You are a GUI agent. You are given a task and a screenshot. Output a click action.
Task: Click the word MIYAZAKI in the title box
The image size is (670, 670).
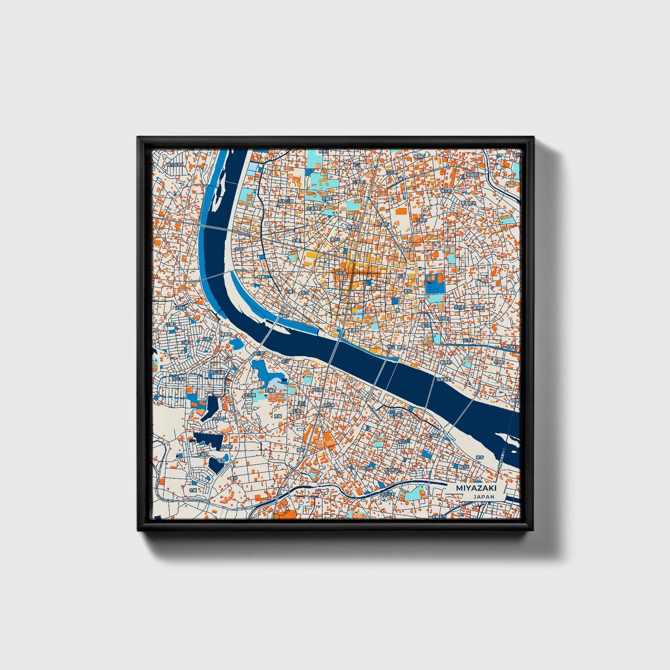click(476, 488)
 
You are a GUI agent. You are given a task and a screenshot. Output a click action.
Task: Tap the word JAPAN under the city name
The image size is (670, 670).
click(484, 497)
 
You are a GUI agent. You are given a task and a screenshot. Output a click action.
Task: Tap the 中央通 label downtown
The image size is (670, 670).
click(341, 273)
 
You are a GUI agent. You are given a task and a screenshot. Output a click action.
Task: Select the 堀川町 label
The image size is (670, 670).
click(426, 326)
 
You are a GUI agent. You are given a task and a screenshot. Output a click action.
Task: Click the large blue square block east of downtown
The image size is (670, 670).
click(435, 284)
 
